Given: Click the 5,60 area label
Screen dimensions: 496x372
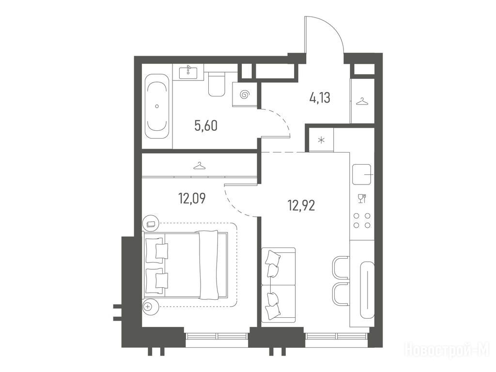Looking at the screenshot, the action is click(x=206, y=126).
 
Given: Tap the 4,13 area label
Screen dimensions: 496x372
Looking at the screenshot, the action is click(x=320, y=98).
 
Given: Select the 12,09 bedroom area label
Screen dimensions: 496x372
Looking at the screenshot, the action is click(x=192, y=198).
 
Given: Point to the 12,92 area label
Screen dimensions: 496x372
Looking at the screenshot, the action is click(x=301, y=206).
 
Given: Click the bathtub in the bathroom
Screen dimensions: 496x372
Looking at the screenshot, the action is click(x=157, y=106).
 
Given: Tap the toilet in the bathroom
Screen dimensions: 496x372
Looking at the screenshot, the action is click(x=217, y=84).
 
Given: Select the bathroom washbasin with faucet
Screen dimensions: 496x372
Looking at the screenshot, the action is click(x=189, y=72).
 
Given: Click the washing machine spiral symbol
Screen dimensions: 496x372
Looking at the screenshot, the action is click(x=245, y=94).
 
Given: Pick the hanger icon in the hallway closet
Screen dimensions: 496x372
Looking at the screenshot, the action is click(x=362, y=102).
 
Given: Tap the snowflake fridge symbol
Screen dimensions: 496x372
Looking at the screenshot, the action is click(x=321, y=140).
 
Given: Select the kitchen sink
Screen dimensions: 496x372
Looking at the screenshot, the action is click(x=362, y=174).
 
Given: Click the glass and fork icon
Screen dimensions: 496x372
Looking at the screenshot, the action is click(x=362, y=198).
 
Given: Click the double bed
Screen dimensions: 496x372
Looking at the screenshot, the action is click(x=186, y=264).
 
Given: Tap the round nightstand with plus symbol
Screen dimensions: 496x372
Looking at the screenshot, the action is click(x=148, y=306).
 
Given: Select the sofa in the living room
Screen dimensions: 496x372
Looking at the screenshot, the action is click(x=279, y=285).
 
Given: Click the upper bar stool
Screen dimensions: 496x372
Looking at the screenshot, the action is click(x=341, y=268).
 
